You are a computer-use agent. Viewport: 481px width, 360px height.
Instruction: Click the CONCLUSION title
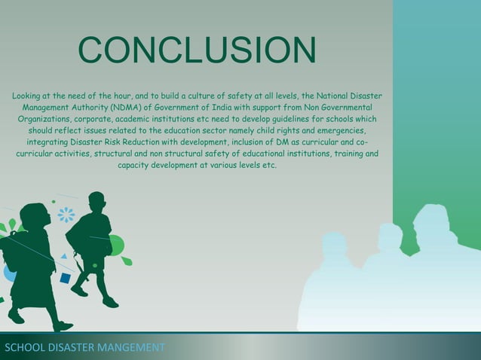[x=197, y=51]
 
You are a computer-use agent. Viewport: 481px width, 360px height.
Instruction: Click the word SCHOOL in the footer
[x=23, y=348]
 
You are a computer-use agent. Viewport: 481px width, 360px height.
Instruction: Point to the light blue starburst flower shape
[x=66, y=215]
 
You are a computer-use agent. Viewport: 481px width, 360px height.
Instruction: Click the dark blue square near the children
[x=66, y=279]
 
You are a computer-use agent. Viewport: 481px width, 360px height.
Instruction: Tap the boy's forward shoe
[x=110, y=302]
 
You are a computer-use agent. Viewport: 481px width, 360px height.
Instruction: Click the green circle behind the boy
[x=117, y=245]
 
